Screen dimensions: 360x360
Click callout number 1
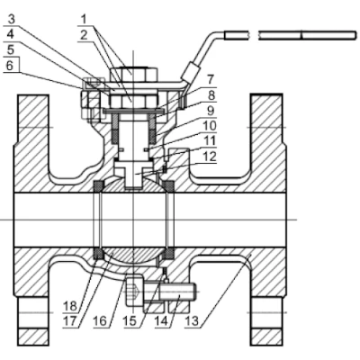coord(85,20)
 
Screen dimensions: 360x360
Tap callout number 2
coord(84,35)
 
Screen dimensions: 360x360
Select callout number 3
coord(11,20)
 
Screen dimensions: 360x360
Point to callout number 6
coord(10,65)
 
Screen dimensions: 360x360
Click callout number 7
coord(211,80)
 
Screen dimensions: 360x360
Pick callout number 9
coord(211,111)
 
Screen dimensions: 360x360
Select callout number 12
coord(210,157)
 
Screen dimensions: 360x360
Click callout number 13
coord(191,321)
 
